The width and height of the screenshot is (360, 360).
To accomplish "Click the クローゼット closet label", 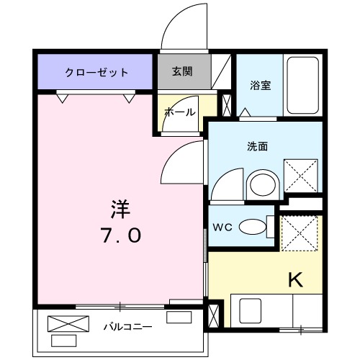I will pyautogui.click(x=96, y=73).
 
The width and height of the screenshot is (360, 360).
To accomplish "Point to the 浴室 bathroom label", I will pyautogui.click(x=260, y=84).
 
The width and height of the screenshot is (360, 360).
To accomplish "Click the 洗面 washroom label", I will pyautogui.click(x=258, y=146).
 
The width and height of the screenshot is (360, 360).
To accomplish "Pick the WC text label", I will pyautogui.click(x=222, y=228).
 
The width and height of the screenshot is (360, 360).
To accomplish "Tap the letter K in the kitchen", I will pyautogui.click(x=294, y=278).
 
